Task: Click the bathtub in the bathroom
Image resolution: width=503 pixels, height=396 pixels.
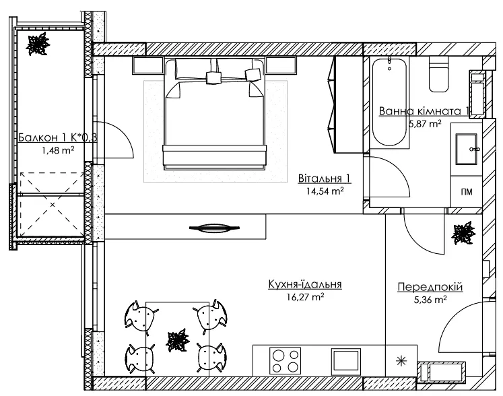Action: tap(389, 102)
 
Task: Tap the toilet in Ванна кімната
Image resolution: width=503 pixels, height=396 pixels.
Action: tap(439, 74)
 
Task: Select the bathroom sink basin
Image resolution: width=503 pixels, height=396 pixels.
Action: tap(466, 150)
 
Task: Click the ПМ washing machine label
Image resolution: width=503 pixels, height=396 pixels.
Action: tap(467, 192)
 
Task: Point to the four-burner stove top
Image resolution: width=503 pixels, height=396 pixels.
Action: tap(286, 361)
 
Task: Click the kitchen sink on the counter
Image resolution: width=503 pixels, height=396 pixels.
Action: tap(346, 361)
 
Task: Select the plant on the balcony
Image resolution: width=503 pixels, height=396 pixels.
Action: tap(38, 44)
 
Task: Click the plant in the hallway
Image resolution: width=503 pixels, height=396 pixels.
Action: tap(463, 232)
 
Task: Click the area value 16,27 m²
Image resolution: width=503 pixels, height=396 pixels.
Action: tap(306, 297)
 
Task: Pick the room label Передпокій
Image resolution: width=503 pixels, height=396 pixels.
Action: tap(430, 287)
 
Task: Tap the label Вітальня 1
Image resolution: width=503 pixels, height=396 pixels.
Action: tap(325, 178)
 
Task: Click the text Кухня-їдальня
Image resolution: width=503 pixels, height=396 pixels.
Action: tap(305, 284)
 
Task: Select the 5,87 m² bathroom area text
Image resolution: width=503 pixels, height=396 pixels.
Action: tap(425, 123)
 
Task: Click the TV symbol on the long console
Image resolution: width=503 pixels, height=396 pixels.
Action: tap(215, 228)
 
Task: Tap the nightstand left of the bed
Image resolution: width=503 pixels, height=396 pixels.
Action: tap(148, 65)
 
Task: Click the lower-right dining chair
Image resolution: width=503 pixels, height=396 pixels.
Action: tap(210, 357)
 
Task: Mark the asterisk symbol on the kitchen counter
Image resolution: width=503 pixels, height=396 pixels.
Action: tap(401, 362)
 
